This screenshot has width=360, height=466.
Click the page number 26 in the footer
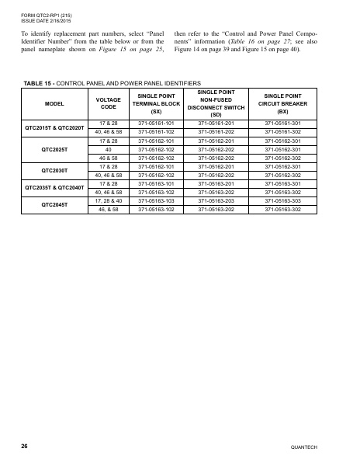(25, 447)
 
